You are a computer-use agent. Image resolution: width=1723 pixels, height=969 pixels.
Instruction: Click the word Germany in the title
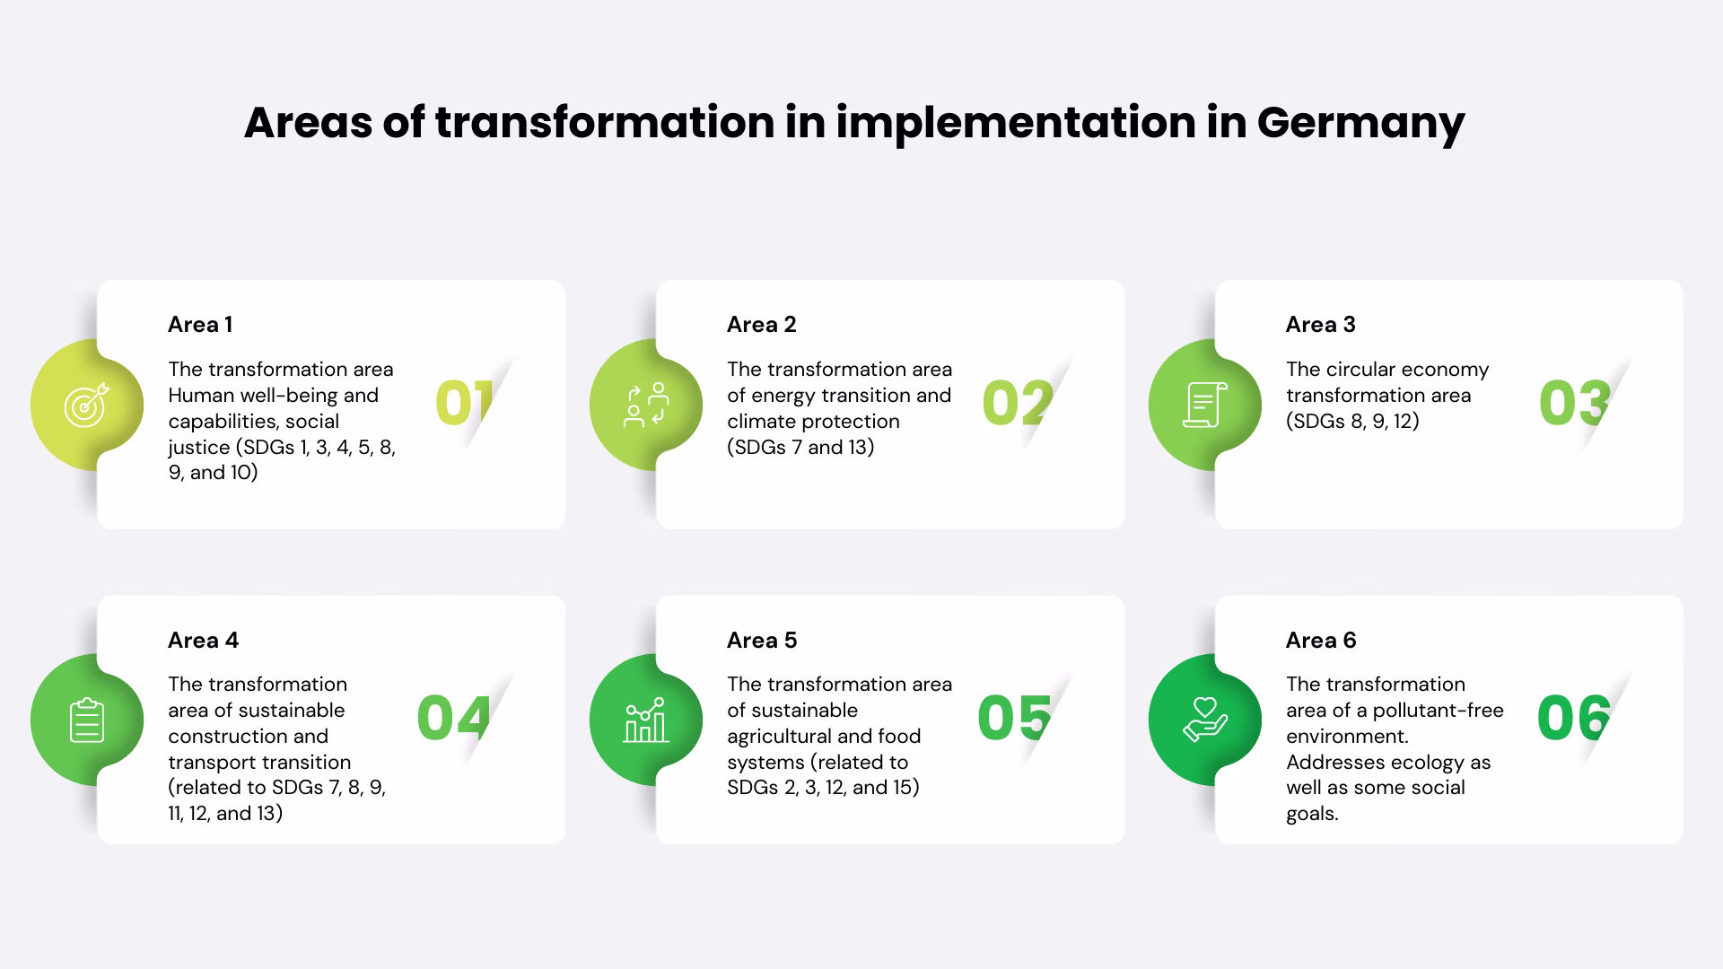click(x=1360, y=123)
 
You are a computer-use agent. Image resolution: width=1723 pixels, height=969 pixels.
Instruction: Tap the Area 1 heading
click(x=200, y=325)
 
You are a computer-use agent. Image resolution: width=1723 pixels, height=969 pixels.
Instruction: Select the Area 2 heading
click(x=761, y=325)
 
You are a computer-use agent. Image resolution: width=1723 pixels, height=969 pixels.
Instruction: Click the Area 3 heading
click(x=1320, y=325)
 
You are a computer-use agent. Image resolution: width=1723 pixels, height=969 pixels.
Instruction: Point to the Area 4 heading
click(x=203, y=641)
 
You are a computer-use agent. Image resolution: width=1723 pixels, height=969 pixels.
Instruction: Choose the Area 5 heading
click(x=761, y=641)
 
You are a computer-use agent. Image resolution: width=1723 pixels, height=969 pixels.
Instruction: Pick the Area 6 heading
click(x=1320, y=641)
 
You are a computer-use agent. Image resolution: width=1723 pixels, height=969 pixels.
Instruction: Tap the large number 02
click(x=1018, y=403)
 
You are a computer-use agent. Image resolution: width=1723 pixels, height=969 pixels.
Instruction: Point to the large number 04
click(x=453, y=719)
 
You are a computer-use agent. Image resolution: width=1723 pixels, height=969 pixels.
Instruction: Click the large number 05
click(x=1014, y=719)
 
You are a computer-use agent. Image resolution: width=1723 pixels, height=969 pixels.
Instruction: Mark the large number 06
click(x=1574, y=719)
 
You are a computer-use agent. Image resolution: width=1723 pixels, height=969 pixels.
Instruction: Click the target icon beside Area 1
click(x=87, y=405)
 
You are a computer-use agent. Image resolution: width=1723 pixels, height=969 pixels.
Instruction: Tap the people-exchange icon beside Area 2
click(x=646, y=405)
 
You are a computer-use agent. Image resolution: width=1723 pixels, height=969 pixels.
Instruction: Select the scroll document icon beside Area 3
click(x=1204, y=405)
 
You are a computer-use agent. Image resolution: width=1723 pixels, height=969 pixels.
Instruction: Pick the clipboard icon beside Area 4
click(x=87, y=720)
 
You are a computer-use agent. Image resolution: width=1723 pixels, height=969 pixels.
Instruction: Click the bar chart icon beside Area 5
click(x=646, y=720)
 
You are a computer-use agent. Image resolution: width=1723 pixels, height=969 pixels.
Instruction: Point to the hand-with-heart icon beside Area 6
click(x=1204, y=720)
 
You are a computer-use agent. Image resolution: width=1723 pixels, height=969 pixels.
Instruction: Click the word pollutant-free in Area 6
click(x=1438, y=711)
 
